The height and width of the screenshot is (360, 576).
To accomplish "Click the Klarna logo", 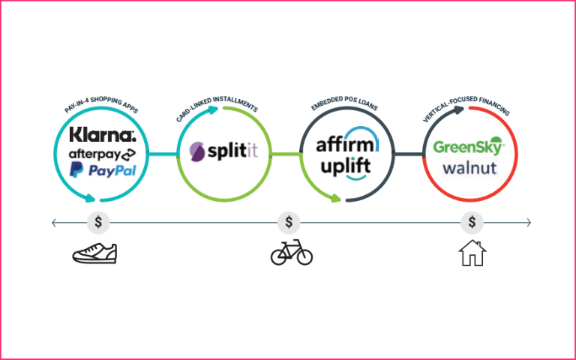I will click(102, 135).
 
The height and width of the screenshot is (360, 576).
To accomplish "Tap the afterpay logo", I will click(102, 154).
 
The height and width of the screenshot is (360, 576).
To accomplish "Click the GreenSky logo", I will click(469, 147).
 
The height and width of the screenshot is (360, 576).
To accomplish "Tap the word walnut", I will click(469, 167).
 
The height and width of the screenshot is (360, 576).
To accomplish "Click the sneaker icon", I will click(94, 253).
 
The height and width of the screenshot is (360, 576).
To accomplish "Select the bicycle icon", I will click(291, 253).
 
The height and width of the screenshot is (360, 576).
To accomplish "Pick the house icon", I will click(472, 253).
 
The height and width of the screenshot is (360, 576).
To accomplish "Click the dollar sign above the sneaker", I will click(98, 222).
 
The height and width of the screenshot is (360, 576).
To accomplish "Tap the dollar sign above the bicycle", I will click(289, 222).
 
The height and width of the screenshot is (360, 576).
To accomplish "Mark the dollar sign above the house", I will click(472, 222).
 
